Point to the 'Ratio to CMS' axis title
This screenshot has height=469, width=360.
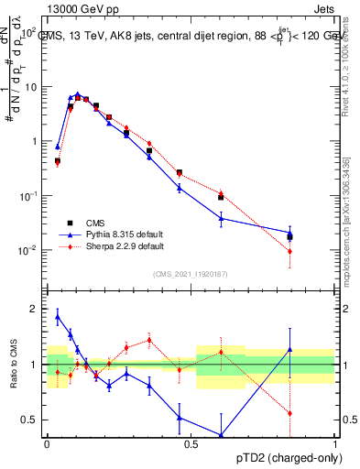pos(14,365)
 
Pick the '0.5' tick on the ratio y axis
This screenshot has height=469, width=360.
pos(31,420)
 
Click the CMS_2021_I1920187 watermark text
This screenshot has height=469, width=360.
pos(190,274)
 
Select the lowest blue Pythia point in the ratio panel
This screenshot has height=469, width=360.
pos(221,435)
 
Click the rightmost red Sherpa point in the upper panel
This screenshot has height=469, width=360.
pos(289,251)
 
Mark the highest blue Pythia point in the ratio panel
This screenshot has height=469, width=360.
pos(58,317)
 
